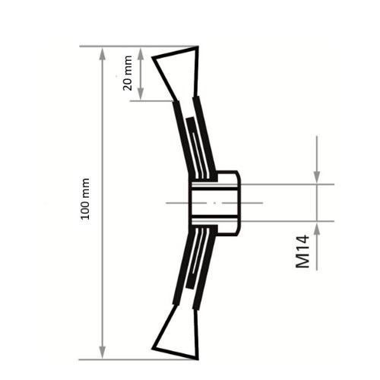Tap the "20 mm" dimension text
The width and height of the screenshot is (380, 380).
coord(127,74)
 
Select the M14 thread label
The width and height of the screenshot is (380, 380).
coord(303,251)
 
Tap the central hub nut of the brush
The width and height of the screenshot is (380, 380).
coord(228,201)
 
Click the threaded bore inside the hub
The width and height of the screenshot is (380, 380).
coord(204,202)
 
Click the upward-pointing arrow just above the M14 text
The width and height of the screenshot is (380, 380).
coord(318,232)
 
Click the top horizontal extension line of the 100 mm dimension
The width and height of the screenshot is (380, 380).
coord(137,46)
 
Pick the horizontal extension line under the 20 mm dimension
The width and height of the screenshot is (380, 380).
coord(152,101)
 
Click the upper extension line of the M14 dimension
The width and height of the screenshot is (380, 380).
coord(289,184)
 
